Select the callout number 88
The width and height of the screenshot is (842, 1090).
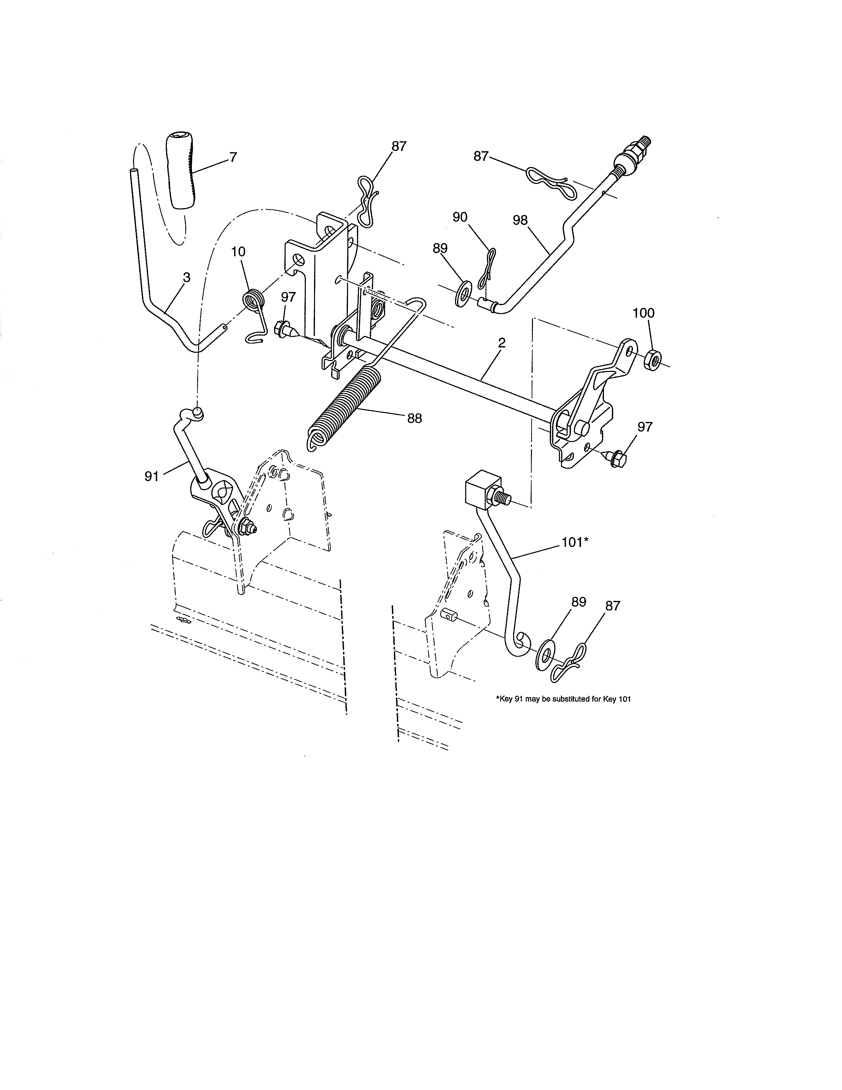(414, 418)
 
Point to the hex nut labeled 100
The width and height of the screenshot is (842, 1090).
(653, 359)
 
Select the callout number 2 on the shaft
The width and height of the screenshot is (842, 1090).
(501, 343)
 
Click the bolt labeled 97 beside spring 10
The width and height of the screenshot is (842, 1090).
(284, 329)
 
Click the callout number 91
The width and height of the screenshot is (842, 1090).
(152, 477)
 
